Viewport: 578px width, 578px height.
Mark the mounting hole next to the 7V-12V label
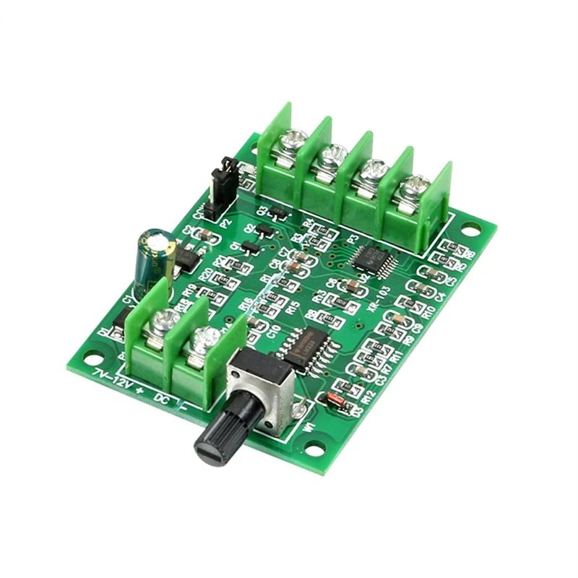click(x=92, y=357)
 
